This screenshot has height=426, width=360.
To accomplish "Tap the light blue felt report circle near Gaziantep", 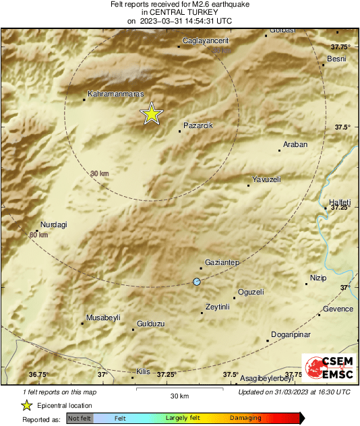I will click(x=197, y=281).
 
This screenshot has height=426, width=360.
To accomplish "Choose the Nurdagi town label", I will click(x=55, y=224).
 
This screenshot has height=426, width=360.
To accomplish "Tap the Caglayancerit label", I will click(x=206, y=40).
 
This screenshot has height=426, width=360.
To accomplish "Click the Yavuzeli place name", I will click(x=266, y=179).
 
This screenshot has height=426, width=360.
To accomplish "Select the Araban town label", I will click(x=295, y=145).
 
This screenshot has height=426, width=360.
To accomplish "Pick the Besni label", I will click(x=336, y=59).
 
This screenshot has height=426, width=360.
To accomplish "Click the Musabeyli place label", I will click(x=103, y=317).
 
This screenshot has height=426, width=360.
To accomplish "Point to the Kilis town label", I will click(x=143, y=372).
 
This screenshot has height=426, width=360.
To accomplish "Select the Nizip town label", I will click(x=318, y=278).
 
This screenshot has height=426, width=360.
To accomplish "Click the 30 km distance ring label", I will click(x=99, y=174).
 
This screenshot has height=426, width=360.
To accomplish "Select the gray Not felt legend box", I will click(x=80, y=419).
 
